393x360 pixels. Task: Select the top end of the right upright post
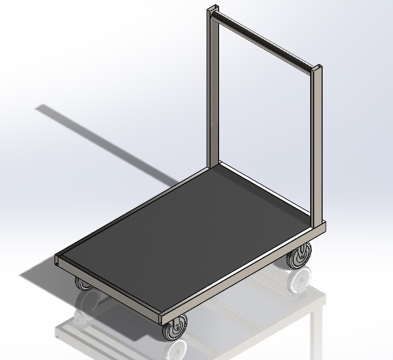tap(317, 67)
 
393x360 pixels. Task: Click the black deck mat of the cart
tap(188, 233)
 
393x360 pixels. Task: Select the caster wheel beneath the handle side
tap(298, 258)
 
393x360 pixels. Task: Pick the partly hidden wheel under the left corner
tap(82, 284)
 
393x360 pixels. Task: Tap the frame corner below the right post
tap(323, 229)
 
